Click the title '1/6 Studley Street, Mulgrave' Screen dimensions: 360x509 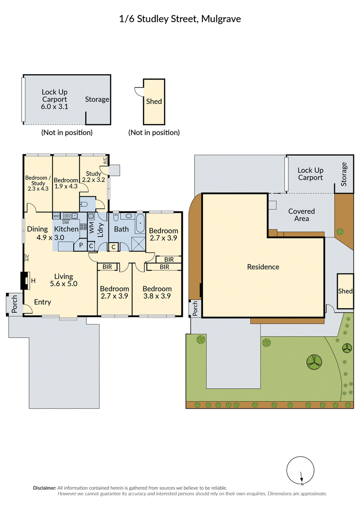coord(180,19)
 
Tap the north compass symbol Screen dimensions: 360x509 coord(300,471)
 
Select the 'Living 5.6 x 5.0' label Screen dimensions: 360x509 coord(63,280)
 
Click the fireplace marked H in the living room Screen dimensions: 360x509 coord(25,280)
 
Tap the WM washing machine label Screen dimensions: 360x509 coord(91,228)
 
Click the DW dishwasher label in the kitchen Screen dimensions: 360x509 coord(66,222)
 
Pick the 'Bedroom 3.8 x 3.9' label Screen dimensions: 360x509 coord(157,292)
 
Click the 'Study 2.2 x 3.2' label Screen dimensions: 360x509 coord(94,176)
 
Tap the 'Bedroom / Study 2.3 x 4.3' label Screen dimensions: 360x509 coord(38,183)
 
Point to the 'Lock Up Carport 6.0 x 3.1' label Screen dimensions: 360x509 coord(54,99)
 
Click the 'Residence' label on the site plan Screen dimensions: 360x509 coord(263,267)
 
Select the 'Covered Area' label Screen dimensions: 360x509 coord(301,215)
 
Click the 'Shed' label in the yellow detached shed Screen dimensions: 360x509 coord(154,101)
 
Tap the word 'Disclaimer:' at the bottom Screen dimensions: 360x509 coord(45,488)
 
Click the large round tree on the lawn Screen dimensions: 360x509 coord(314,362)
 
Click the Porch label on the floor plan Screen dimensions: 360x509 coord(14,304)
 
